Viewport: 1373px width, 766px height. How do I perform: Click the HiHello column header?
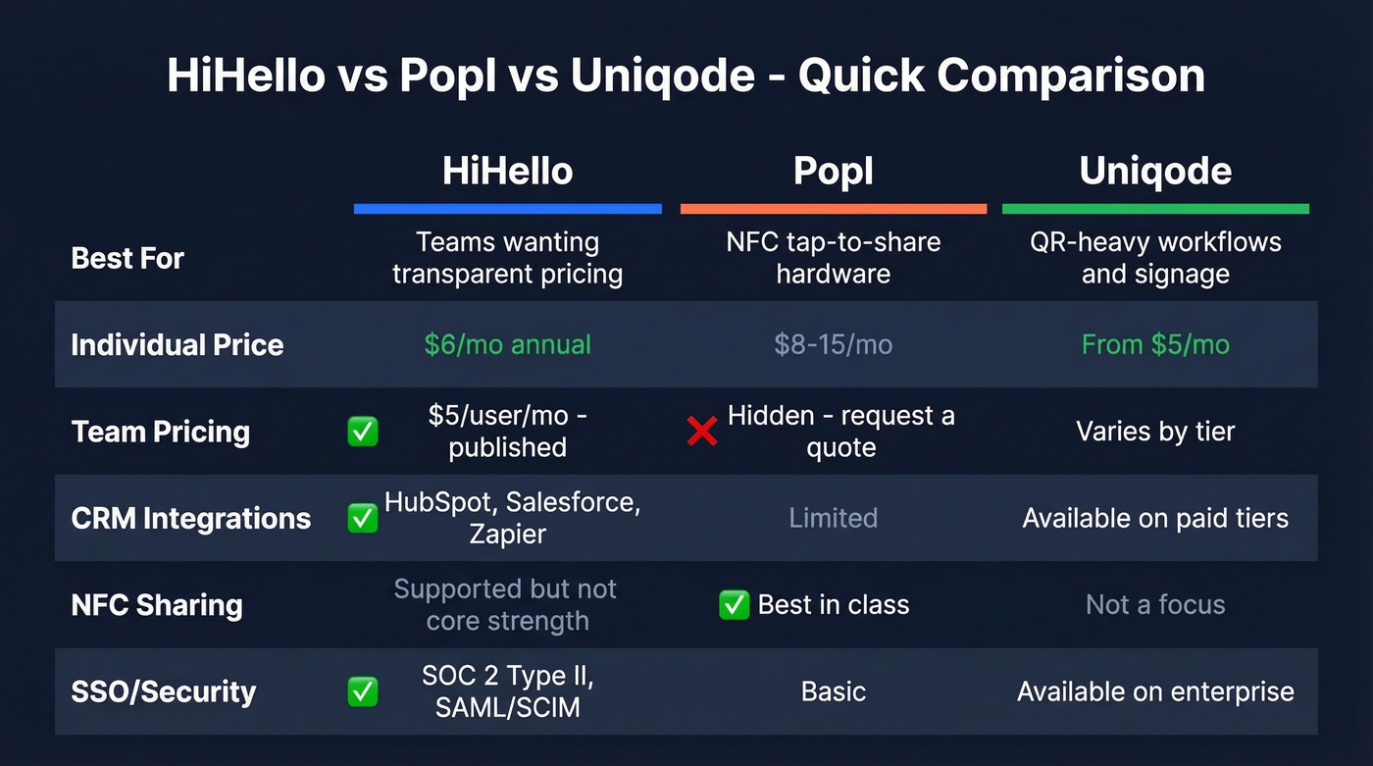507,171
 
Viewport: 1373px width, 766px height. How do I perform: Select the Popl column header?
833,171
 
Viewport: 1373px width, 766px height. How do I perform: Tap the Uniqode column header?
1155,171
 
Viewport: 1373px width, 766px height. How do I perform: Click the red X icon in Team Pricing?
702,431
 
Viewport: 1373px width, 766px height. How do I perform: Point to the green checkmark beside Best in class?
735,604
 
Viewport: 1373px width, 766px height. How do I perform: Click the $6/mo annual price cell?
507,344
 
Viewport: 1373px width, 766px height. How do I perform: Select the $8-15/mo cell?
833,344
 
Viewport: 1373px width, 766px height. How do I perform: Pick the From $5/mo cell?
1155,344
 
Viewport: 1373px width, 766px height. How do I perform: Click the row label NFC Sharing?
157,604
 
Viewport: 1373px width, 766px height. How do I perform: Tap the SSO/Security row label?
164,691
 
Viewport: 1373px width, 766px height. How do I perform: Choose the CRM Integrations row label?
191,518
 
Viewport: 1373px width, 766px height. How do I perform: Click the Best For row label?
127,258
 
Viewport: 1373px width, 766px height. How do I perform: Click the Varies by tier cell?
1155,431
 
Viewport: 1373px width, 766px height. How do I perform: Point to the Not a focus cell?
1155,604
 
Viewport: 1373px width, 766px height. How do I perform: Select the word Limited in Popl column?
833,518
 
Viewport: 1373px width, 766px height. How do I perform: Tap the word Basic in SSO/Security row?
833,691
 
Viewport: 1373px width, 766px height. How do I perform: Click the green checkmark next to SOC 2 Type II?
363,691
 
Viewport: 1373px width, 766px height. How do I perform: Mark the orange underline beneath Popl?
833,209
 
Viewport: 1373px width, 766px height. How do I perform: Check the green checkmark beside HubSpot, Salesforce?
363,518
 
